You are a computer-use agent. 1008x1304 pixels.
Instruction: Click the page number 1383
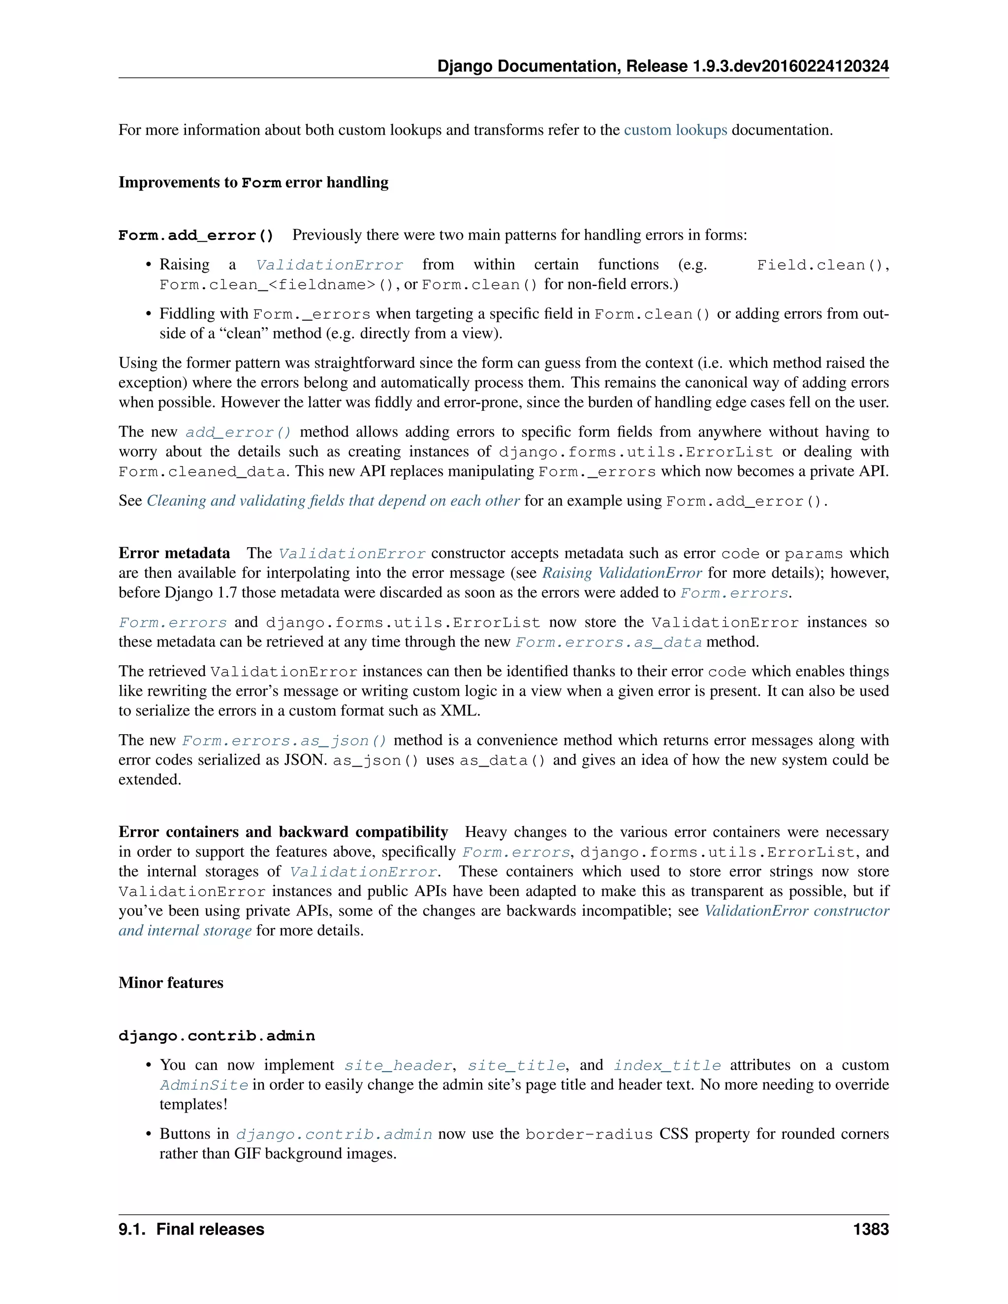[871, 1229]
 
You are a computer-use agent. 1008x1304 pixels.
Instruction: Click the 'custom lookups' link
[675, 130]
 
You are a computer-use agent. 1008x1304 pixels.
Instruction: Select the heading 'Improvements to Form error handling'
[253, 182]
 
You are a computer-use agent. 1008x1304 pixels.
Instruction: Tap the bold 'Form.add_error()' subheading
[196, 235]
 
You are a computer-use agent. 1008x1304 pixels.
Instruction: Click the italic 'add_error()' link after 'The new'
[238, 432]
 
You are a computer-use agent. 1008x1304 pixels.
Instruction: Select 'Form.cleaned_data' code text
[202, 472]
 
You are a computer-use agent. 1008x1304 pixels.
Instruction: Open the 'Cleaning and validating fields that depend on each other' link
[333, 501]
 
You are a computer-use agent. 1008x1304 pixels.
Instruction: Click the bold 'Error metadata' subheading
[174, 554]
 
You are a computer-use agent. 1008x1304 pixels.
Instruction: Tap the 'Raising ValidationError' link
[622, 573]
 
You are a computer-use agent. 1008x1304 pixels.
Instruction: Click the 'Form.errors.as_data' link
[608, 643]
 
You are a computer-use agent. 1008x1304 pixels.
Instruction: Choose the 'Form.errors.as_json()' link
[284, 741]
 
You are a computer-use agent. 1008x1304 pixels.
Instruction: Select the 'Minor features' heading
[171, 983]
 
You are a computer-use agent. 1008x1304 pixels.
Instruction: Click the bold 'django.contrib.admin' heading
[216, 1036]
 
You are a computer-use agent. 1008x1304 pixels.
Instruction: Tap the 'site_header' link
[398, 1066]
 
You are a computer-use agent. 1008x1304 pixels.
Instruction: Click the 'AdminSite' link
[204, 1086]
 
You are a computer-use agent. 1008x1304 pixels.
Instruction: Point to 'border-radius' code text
[589, 1134]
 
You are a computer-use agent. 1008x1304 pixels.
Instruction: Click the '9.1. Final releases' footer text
[191, 1229]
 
